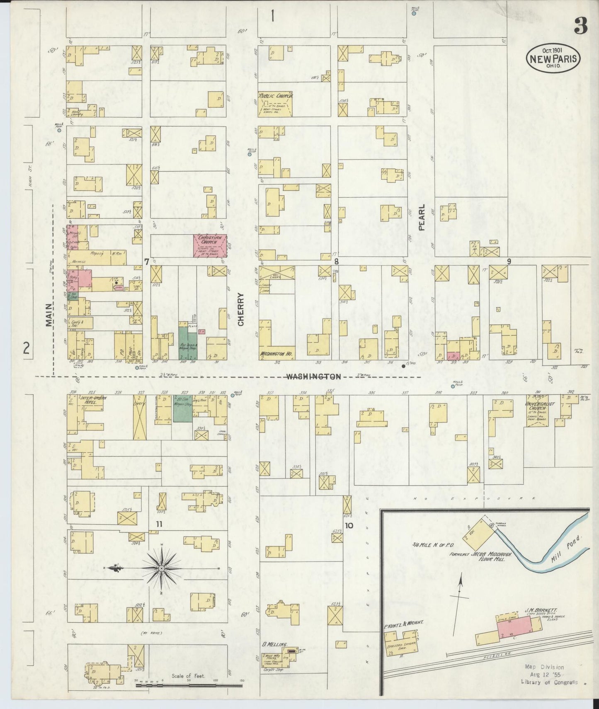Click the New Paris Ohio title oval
coord(553,58)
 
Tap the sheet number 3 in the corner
coord(580,27)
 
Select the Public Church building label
coord(276,96)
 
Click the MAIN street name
coord(49,315)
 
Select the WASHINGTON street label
coord(313,376)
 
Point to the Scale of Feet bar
coord(189,686)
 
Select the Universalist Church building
coord(538,410)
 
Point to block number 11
coord(158,524)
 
